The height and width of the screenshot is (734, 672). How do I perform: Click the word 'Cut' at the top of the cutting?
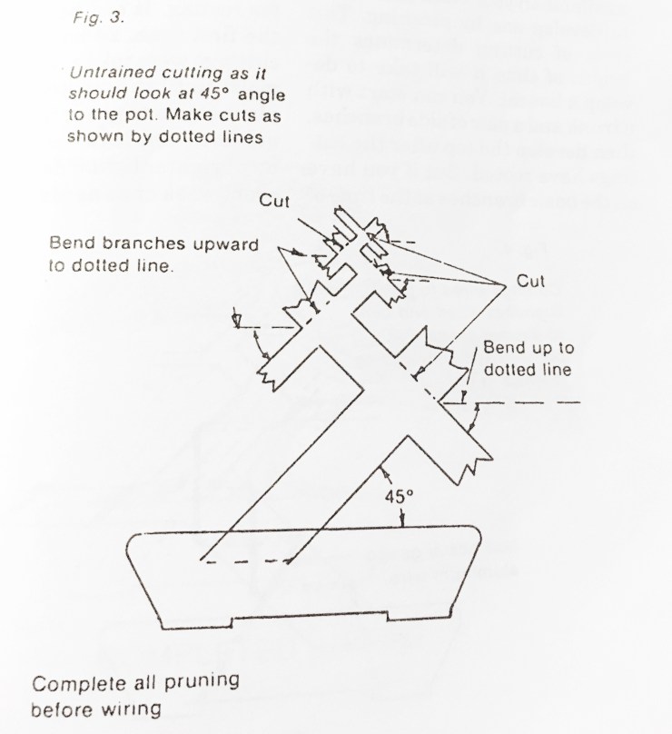274,201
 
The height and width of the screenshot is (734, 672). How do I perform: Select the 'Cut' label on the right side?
530,282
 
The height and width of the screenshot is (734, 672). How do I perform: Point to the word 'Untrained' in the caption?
103,72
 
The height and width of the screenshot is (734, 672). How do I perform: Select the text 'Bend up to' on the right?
529,348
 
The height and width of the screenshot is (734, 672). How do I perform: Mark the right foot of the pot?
423,621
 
